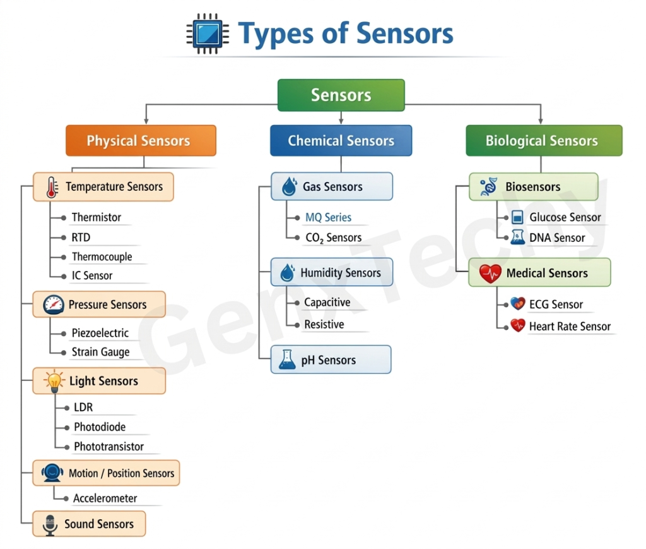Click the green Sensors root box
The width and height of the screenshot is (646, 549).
341,95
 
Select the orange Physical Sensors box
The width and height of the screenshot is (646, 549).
141,140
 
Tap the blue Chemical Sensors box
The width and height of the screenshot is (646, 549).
341,140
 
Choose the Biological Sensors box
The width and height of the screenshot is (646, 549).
543,140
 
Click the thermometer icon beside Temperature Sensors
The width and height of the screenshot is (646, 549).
51,187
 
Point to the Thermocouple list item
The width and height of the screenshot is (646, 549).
102,257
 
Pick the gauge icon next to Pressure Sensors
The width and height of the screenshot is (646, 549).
54,305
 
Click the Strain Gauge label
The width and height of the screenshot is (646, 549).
100,353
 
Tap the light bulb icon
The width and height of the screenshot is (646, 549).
54,381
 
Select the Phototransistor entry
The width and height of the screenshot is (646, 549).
109,447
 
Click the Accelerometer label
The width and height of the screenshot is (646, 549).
105,498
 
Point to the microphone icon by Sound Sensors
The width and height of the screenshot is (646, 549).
50,524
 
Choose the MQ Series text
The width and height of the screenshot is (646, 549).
328,217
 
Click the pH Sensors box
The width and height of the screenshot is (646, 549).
331,360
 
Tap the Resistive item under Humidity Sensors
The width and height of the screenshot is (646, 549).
324,325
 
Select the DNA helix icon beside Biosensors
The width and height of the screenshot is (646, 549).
488,187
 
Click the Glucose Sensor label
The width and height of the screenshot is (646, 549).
565,217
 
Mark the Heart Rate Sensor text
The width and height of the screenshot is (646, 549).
570,327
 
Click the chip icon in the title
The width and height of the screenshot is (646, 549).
208,33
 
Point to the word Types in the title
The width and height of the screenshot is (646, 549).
275,33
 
